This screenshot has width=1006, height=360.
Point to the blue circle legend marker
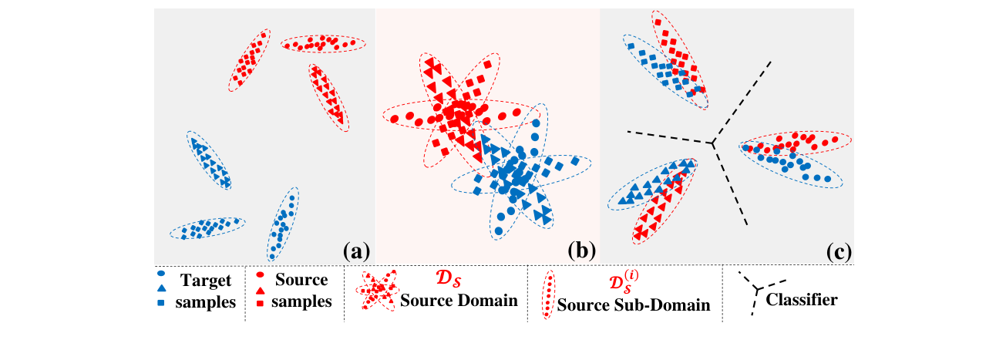160,274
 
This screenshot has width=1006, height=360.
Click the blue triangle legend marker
160,288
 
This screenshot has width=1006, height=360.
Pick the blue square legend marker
160,303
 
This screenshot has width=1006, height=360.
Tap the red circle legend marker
262,274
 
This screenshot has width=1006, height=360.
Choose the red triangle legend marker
262,288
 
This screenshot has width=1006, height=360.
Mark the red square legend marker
262,303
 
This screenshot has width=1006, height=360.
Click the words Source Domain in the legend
458,300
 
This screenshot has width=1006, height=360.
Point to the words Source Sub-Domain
634,304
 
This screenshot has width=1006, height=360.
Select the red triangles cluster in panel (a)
328,96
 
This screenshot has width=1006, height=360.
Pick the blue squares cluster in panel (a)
207,227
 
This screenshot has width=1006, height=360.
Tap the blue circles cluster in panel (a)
283,224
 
